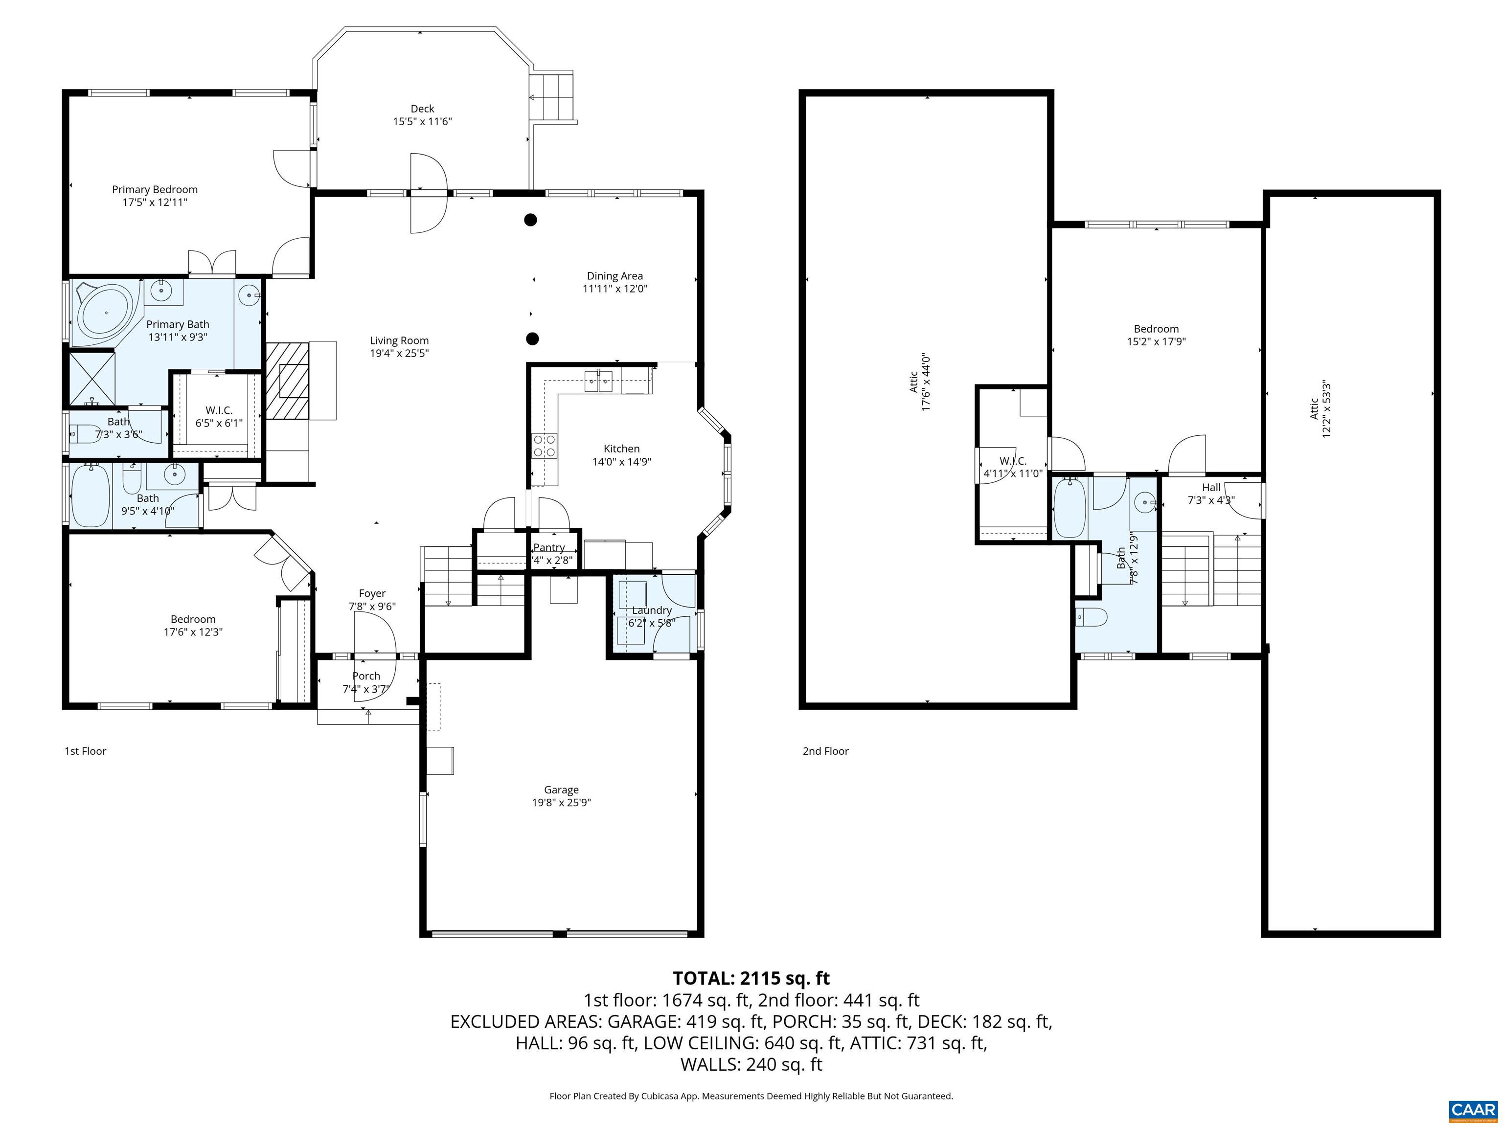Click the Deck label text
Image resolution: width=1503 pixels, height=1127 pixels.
click(422, 109)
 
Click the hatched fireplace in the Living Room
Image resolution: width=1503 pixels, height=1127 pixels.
click(287, 381)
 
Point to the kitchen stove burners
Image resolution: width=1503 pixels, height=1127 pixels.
click(544, 445)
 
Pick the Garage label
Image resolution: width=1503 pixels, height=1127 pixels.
click(561, 789)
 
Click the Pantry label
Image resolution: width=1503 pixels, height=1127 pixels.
click(549, 547)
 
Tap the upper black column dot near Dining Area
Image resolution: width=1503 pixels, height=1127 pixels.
click(531, 220)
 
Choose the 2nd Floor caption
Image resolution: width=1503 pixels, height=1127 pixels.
click(825, 751)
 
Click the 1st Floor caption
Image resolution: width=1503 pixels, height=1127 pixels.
click(85, 751)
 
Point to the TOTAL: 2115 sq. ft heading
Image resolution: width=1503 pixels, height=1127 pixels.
click(751, 978)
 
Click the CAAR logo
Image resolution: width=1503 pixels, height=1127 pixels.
click(1473, 1110)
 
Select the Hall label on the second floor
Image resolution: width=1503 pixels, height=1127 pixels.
click(1211, 487)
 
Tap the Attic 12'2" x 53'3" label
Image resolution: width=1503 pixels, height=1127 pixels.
click(1320, 409)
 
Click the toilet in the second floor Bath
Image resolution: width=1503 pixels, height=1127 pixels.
click(1091, 617)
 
